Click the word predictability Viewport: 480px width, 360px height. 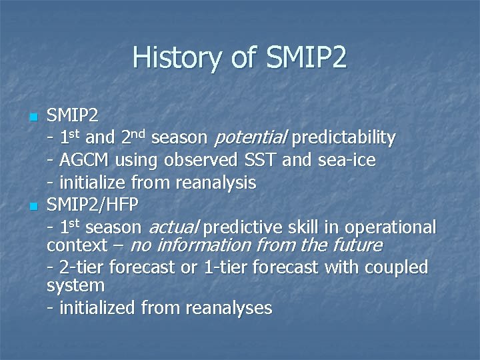click(343, 138)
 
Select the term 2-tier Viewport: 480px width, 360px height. click(82, 267)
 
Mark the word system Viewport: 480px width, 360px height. click(75, 286)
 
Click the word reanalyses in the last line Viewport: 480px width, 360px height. click(229, 308)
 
